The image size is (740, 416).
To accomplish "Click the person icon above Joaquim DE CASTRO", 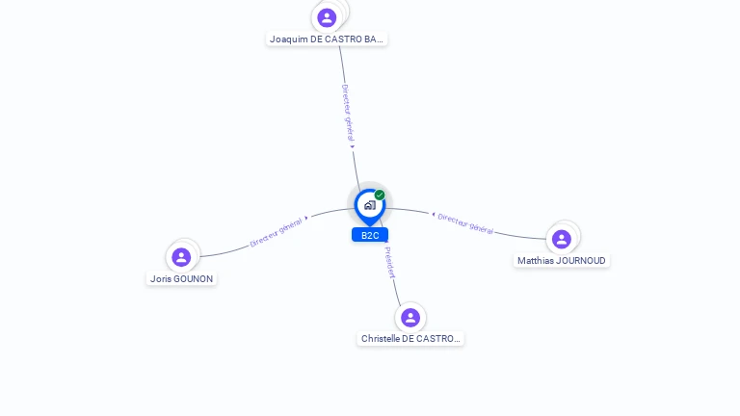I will coord(327,17).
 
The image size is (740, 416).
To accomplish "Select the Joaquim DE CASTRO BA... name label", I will coord(328,39).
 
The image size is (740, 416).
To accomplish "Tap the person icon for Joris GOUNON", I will coord(180,257).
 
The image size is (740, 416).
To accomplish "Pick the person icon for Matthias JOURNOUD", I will coord(562,239).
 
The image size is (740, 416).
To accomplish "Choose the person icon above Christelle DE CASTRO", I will coord(410,317).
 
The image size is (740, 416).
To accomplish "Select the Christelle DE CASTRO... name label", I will coord(410,339).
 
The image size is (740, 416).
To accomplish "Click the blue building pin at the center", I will coord(369,205).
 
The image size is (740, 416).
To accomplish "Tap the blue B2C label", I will coord(370,235).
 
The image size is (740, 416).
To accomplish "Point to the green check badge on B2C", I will coord(380,195).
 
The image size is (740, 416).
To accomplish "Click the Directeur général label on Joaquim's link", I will coord(348,113).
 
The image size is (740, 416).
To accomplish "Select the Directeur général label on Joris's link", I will coord(276,232).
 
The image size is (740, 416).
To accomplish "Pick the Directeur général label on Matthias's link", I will coord(465,223).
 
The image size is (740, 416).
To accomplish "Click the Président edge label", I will coord(388,262).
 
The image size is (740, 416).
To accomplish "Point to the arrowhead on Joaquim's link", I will coord(353,146).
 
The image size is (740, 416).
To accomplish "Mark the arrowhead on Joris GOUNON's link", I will coord(307,219).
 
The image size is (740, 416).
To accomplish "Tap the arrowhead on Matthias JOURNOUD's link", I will coord(433,214).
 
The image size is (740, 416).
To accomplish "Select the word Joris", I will coord(160,279).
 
